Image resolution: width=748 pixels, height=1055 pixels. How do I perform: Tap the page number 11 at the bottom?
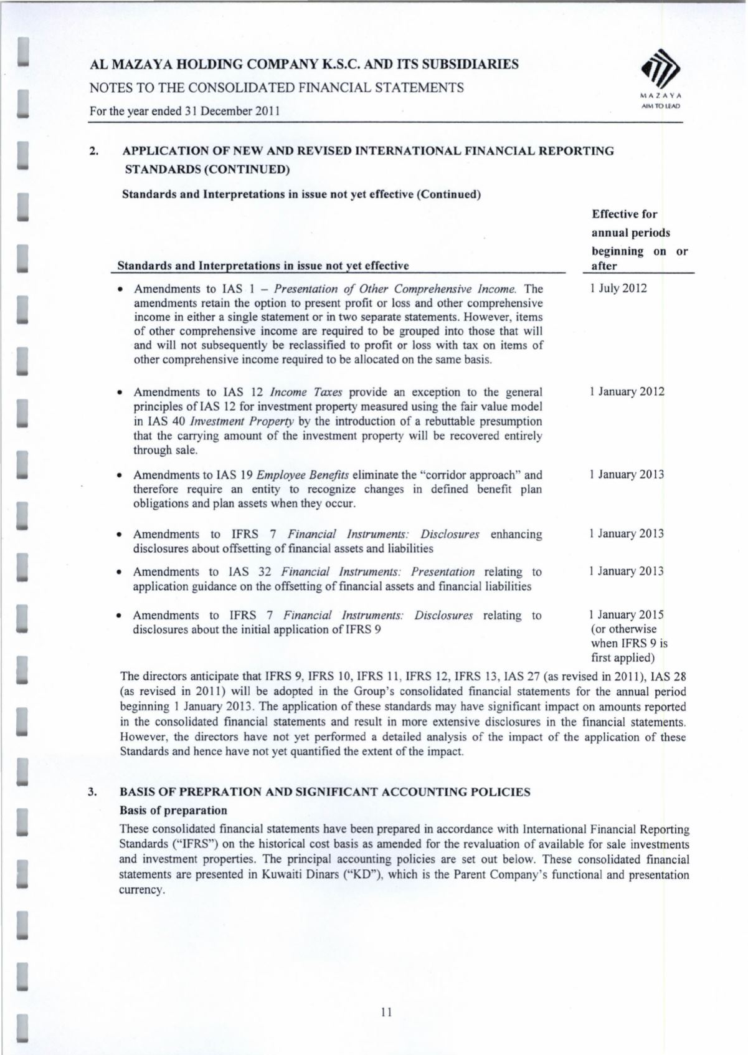(386, 1013)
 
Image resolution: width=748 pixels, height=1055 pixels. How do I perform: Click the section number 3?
(92, 792)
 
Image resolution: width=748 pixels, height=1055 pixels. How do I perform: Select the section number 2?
(94, 151)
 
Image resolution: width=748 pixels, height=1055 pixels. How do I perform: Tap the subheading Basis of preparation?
(173, 810)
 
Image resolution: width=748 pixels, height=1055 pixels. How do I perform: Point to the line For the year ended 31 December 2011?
(184, 112)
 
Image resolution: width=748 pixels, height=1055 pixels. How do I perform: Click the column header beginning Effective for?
(624, 214)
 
